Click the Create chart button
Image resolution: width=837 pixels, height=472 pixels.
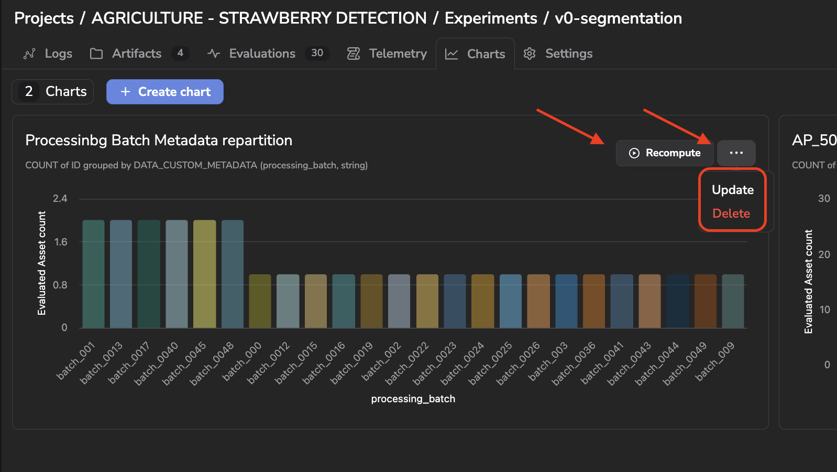coord(165,92)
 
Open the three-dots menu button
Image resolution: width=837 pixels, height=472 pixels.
coord(736,153)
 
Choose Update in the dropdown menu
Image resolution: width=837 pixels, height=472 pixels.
coord(732,190)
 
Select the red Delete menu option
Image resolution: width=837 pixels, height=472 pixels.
coord(731,213)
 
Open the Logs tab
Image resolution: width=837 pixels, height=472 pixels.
coord(48,53)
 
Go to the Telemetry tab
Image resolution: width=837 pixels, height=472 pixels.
coord(387,53)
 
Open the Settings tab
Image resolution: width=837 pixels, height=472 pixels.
coord(557,53)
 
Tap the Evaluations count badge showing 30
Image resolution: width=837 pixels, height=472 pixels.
coord(317,53)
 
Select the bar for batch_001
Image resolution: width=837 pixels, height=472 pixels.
coord(93,274)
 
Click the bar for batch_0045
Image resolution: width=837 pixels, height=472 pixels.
coord(204,274)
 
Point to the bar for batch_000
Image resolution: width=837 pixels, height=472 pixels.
coord(260,302)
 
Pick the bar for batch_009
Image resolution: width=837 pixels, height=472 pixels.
coord(733,302)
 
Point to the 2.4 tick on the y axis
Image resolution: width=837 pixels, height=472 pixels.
coord(60,199)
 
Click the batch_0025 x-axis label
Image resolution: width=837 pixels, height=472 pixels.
coord(490,363)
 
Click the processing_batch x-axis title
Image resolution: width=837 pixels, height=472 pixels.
coord(413,399)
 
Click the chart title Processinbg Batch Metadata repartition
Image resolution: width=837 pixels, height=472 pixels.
coord(159,141)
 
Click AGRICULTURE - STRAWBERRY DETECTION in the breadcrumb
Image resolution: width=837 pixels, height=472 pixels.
coord(259,18)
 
